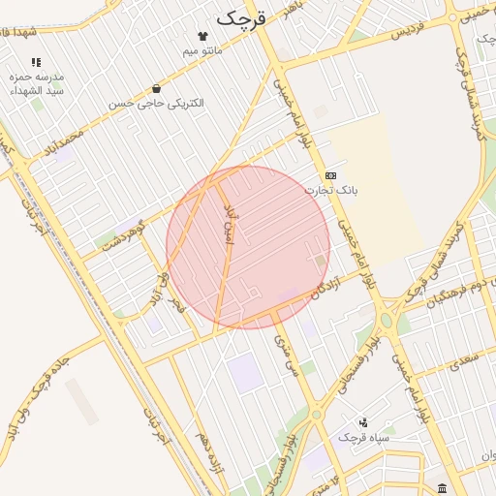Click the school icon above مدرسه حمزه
pyautogui.click(x=36, y=62)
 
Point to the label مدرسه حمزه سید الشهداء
pyautogui.click(x=36, y=82)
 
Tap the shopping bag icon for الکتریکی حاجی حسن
pyautogui.click(x=156, y=89)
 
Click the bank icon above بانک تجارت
pyautogui.click(x=331, y=175)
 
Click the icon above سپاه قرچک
pyautogui.click(x=363, y=422)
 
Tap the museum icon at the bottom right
pyautogui.click(x=442, y=487)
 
